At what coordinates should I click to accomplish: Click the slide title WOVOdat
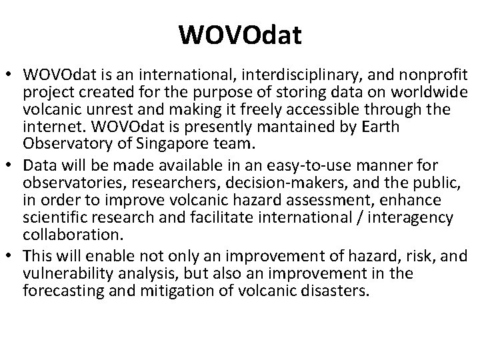(240, 35)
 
